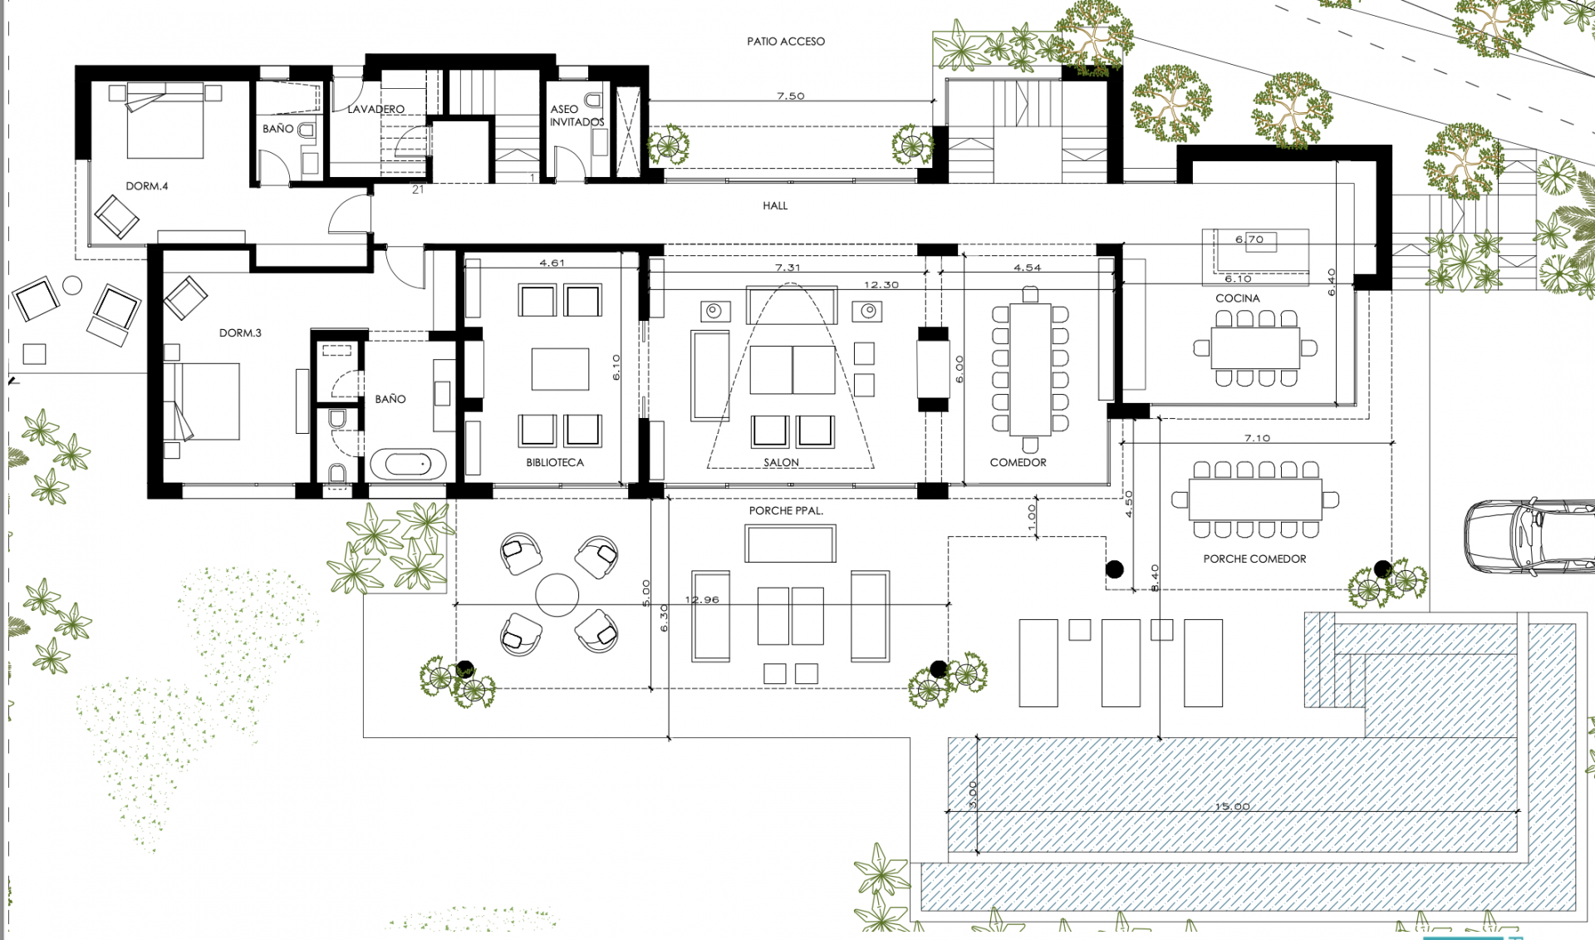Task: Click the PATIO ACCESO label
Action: click(785, 42)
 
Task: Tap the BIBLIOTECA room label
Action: click(554, 463)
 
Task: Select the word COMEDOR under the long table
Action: click(1018, 463)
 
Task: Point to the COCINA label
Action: click(1237, 298)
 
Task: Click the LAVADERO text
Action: click(375, 110)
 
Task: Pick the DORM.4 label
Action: click(146, 186)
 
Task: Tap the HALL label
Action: click(775, 206)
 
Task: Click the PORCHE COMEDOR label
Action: click(1254, 559)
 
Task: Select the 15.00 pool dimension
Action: click(1232, 806)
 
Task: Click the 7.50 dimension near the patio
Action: click(791, 96)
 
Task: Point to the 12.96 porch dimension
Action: click(702, 599)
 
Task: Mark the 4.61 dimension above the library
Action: click(552, 263)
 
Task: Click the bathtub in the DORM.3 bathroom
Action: click(408, 464)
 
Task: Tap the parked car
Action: click(1529, 536)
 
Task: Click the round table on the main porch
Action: click(557, 594)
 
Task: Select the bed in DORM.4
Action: click(164, 121)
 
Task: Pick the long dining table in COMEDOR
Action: click(1030, 370)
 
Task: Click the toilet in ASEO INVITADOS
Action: click(593, 101)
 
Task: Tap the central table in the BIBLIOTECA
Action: click(560, 369)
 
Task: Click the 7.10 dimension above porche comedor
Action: click(1257, 438)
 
